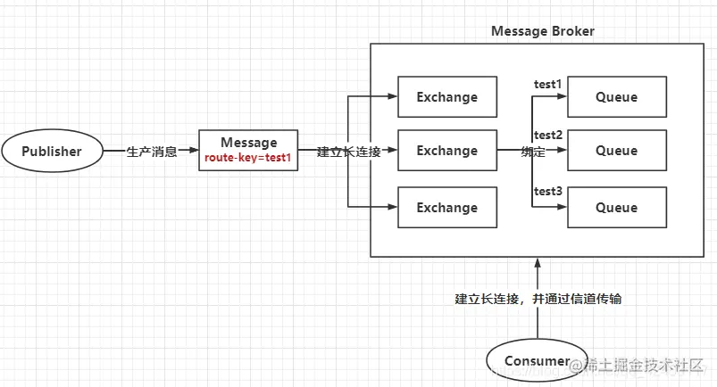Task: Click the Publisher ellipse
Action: click(52, 151)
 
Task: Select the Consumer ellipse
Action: click(536, 360)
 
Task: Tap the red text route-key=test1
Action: click(248, 157)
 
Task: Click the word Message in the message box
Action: click(248, 142)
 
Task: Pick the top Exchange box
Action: click(446, 97)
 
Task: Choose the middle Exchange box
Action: click(446, 151)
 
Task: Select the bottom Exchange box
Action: click(446, 207)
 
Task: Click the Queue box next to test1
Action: click(616, 97)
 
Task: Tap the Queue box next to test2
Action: click(616, 151)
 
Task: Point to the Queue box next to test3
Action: click(616, 207)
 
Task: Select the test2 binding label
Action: click(547, 136)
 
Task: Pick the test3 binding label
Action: click(547, 191)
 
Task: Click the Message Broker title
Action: click(543, 31)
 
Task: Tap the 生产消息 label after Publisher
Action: click(152, 152)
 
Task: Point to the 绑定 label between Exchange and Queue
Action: click(533, 152)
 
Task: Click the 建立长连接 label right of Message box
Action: click(349, 152)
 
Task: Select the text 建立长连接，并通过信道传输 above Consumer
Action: click(538, 299)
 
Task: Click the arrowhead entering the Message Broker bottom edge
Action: click(537, 262)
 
